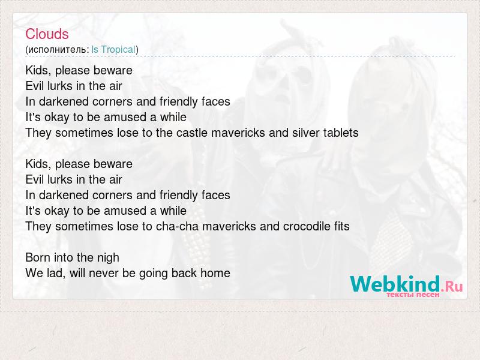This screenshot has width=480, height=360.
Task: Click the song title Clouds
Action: point(47,34)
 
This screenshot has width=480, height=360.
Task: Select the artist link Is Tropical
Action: point(113,50)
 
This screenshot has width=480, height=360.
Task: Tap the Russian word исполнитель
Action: point(58,50)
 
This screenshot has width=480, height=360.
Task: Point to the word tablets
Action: point(341,133)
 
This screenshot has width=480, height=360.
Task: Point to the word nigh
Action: point(108,259)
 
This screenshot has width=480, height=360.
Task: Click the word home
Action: point(215,274)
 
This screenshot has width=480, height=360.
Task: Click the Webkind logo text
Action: point(395,284)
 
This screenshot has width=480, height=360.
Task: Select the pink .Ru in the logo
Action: point(452,287)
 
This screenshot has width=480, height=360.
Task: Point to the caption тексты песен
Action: point(413,295)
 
